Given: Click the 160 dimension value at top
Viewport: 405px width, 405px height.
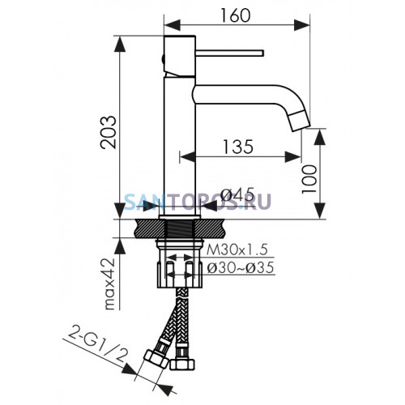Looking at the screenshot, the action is [236, 15].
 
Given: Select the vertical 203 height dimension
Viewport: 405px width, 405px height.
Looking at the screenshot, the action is [109, 132].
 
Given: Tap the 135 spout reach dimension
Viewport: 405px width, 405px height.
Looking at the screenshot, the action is [238, 147].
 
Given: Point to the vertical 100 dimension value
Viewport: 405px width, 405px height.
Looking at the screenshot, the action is [309, 179].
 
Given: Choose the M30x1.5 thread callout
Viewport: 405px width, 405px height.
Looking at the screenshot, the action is [237, 249].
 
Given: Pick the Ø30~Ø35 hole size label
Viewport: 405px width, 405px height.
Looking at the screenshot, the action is [241, 268].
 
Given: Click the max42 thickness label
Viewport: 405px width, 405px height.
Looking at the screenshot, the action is [110, 284].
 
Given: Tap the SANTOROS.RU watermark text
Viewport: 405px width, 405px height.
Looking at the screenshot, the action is [198, 201].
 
